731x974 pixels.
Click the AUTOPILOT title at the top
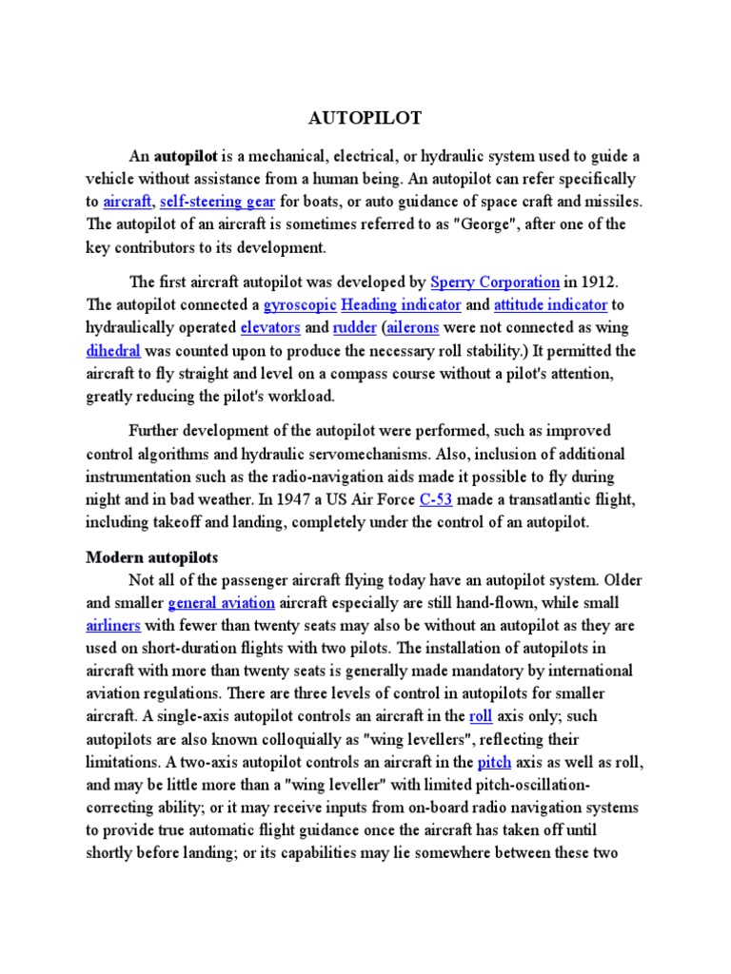click(365, 119)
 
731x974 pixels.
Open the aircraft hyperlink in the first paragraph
click(127, 202)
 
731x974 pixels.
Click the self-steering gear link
click(218, 202)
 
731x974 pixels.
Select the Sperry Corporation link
click(494, 282)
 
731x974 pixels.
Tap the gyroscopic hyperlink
click(299, 305)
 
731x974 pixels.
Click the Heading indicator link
click(401, 305)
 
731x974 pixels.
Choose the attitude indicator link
click(550, 305)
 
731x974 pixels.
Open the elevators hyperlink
click(270, 328)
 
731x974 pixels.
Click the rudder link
click(353, 328)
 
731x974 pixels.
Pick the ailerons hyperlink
click(416, 328)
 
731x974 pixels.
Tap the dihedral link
click(114, 351)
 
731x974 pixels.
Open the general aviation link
click(222, 603)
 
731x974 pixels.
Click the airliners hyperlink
click(114, 626)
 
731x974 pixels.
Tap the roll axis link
click(481, 717)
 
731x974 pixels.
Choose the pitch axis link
click(495, 763)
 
